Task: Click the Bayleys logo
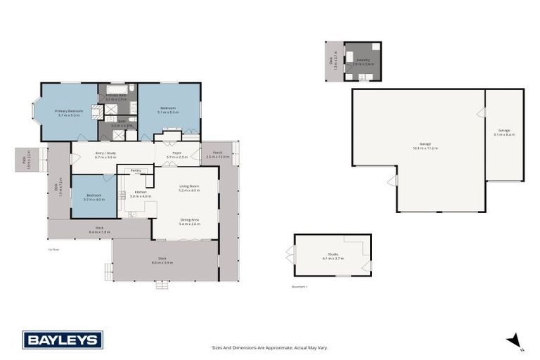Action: [x=63, y=340]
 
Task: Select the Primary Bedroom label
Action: [x=69, y=112]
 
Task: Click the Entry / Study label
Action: [x=105, y=155]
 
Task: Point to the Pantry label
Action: [x=136, y=170]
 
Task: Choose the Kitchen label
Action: [x=141, y=194]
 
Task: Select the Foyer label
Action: [x=176, y=155]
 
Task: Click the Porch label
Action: [x=218, y=155]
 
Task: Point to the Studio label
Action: [x=333, y=256]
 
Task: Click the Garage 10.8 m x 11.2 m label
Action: [x=425, y=146]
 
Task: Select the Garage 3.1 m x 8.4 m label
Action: [x=505, y=132]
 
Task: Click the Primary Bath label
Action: [x=116, y=97]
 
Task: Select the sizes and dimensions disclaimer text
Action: [x=270, y=347]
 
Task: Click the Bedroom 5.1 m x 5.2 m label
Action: [x=167, y=110]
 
